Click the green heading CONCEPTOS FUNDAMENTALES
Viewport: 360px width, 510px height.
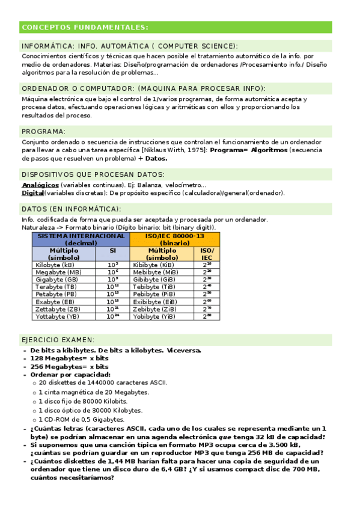click(x=84, y=28)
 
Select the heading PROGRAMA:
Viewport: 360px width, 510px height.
click(x=44, y=131)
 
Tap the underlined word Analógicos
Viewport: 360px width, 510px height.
click(x=40, y=185)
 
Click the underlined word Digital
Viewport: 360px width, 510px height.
click(x=32, y=193)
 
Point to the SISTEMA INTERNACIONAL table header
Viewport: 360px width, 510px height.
click(x=81, y=239)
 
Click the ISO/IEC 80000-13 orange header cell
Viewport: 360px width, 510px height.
click(x=174, y=239)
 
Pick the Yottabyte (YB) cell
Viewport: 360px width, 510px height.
click(x=58, y=316)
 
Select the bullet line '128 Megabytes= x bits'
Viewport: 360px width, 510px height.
click(x=69, y=358)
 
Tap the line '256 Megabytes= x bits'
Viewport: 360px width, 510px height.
click(x=69, y=366)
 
